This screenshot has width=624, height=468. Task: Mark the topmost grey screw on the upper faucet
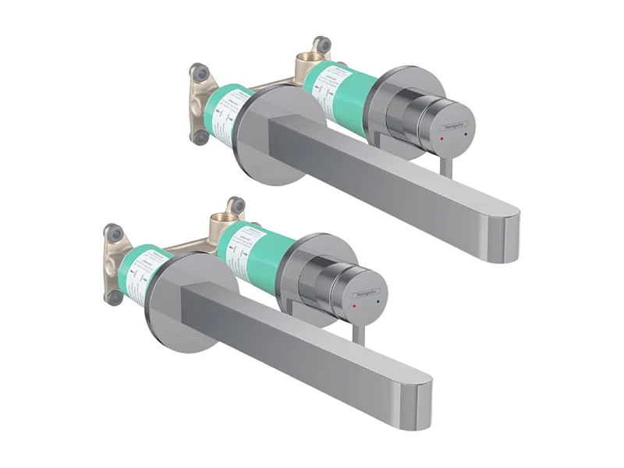(319, 44)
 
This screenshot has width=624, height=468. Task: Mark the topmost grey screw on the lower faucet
(233, 205)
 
